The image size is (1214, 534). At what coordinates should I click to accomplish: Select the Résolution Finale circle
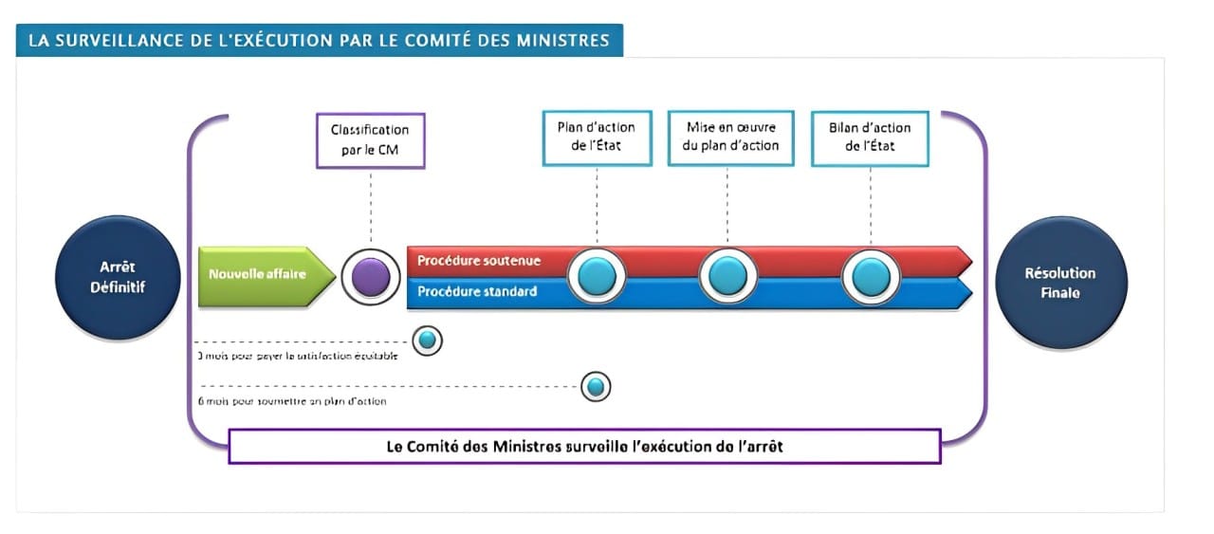click(1059, 282)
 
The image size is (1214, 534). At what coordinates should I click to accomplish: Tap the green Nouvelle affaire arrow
click(265, 276)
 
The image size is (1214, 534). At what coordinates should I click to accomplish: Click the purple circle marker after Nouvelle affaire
click(370, 277)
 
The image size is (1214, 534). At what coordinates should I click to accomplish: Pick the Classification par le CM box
click(370, 140)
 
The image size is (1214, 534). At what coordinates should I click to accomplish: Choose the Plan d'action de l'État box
click(597, 138)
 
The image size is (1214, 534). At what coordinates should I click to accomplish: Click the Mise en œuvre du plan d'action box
click(729, 138)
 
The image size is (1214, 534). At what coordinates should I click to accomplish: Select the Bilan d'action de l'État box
click(870, 138)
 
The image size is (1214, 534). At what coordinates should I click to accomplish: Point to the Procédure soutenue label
click(478, 261)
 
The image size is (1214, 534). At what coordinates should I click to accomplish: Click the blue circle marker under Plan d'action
click(597, 276)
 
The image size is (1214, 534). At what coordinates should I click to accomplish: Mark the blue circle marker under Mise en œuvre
click(728, 276)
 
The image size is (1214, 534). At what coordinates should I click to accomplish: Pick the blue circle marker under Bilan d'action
click(871, 276)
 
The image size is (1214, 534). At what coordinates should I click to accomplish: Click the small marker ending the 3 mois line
click(427, 340)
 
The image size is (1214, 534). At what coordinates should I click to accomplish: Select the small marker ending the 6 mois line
click(596, 386)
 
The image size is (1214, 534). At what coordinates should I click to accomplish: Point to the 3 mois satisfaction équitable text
click(297, 356)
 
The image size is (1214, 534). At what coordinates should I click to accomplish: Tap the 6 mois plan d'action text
click(291, 401)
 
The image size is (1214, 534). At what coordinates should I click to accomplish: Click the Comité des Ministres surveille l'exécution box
click(584, 446)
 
